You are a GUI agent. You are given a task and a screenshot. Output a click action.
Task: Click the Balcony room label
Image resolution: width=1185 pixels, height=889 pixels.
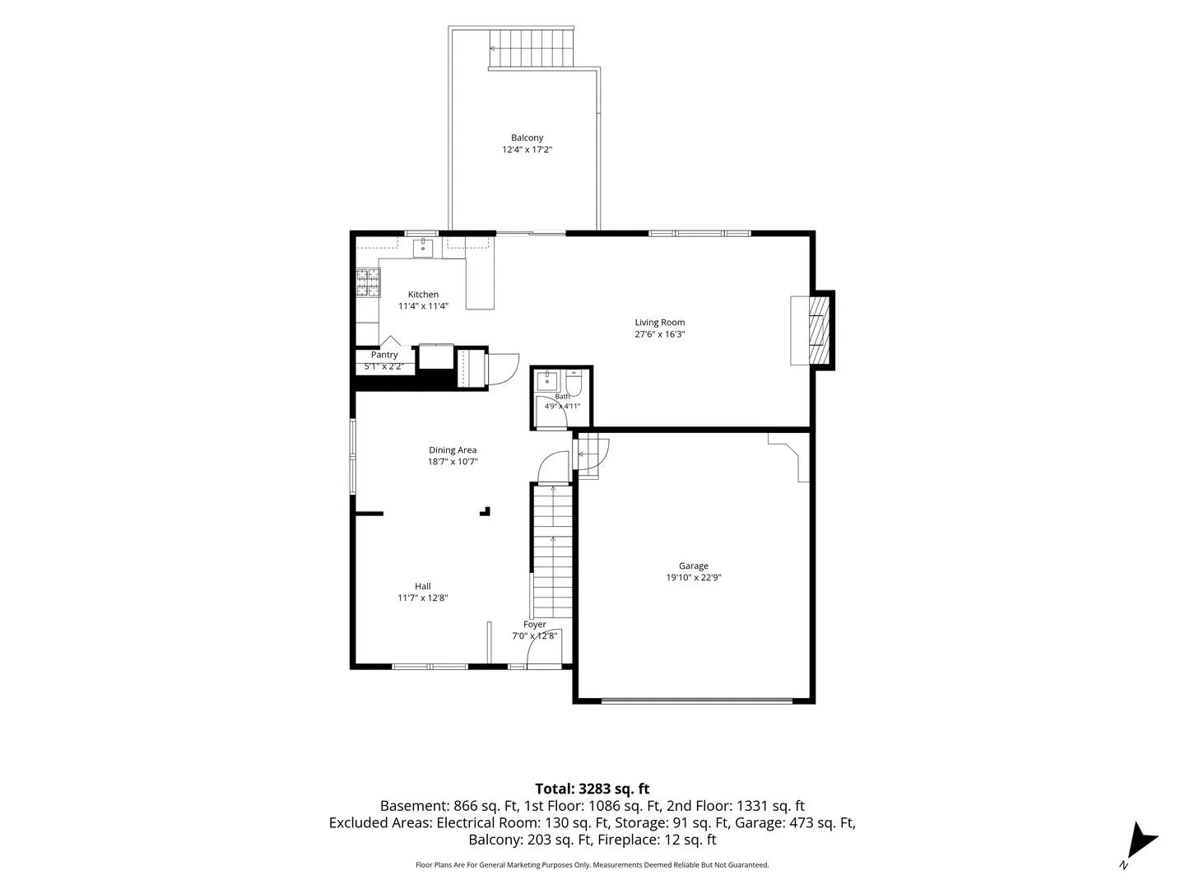click(527, 137)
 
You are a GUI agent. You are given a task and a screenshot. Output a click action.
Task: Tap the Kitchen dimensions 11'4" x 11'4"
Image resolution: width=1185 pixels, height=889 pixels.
click(423, 306)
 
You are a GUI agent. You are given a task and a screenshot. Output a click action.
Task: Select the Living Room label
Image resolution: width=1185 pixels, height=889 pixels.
click(659, 322)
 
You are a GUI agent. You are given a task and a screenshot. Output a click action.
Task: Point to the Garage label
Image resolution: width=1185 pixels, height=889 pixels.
click(693, 566)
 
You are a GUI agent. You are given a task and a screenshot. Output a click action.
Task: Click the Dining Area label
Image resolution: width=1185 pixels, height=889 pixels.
click(453, 449)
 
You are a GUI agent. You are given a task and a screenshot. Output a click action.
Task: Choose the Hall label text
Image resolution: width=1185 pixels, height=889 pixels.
click(423, 586)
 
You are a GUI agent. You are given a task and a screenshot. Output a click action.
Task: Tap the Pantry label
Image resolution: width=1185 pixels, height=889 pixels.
click(383, 355)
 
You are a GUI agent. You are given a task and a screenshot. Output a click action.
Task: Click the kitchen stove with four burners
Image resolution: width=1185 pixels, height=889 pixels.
click(368, 283)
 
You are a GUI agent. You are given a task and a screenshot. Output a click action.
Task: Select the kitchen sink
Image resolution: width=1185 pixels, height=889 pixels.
click(423, 249)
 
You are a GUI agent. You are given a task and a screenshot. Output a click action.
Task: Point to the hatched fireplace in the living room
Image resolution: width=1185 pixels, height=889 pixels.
click(819, 330)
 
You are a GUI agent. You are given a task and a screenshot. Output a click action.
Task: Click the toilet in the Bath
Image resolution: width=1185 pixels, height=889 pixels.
click(574, 383)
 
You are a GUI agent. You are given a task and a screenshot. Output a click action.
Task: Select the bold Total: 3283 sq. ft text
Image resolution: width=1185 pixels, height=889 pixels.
click(592, 789)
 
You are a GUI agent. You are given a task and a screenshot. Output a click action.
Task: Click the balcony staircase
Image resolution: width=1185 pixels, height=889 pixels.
click(530, 48)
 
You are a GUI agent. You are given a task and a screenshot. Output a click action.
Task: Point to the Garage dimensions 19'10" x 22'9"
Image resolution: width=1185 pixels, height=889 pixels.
click(693, 577)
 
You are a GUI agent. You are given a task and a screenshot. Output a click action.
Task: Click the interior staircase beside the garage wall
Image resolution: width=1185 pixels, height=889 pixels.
click(552, 552)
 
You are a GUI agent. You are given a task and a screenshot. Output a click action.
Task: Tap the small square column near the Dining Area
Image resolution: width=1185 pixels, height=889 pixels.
click(485, 511)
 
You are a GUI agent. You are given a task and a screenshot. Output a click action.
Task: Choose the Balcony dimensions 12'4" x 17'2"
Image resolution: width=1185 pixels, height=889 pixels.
click(527, 150)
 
